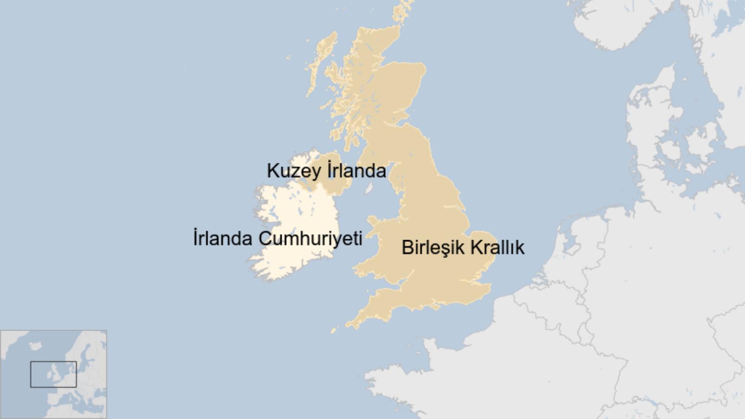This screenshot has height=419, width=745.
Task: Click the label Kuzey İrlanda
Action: (326, 171)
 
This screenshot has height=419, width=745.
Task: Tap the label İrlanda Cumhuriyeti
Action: (278, 238)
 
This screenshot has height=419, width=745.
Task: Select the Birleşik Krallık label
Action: (463, 247)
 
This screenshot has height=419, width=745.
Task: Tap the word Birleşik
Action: (433, 247)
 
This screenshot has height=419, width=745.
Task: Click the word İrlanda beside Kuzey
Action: (357, 171)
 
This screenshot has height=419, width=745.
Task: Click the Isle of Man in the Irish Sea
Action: (369, 188)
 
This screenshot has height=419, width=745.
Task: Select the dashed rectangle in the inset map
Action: (53, 374)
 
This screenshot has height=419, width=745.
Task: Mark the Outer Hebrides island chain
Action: (320, 64)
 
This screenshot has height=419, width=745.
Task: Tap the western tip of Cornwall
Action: (349, 325)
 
